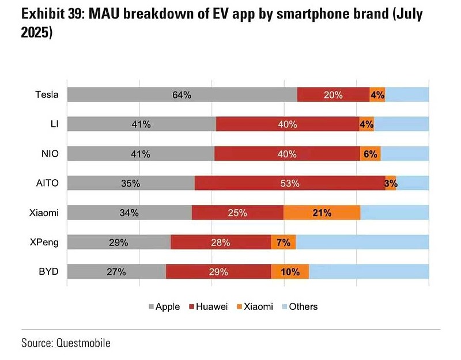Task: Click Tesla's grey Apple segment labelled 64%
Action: pos(182,94)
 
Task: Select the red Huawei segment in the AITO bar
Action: pos(290,183)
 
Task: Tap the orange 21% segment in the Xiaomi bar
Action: pos(322,213)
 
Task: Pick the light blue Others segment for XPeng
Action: pos(362,242)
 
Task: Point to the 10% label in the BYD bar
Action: pos(290,272)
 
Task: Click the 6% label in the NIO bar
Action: pos(370,154)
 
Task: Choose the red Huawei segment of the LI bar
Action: pos(288,124)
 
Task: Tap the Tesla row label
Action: pos(47,94)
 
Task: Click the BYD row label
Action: pos(49,272)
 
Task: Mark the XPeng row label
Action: pos(44,242)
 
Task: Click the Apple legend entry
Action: pos(164,306)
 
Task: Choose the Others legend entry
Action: pos(300,306)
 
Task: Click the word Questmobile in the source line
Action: pos(83,343)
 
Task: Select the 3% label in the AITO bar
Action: pos(391,183)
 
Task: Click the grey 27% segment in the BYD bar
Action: pos(116,272)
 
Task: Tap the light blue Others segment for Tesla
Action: pos(407,94)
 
